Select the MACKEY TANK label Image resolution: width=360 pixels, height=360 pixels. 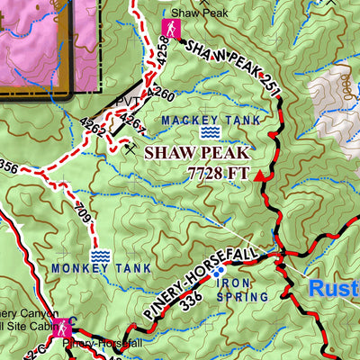coord(211,119)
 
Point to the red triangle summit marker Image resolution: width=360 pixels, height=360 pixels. coord(262,176)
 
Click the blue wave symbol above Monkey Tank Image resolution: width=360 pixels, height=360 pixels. coord(99,256)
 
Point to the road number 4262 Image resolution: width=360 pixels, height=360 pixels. coord(94,127)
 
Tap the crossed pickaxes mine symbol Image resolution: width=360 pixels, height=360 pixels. coord(132,148)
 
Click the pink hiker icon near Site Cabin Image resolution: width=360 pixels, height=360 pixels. coord(62,329)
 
